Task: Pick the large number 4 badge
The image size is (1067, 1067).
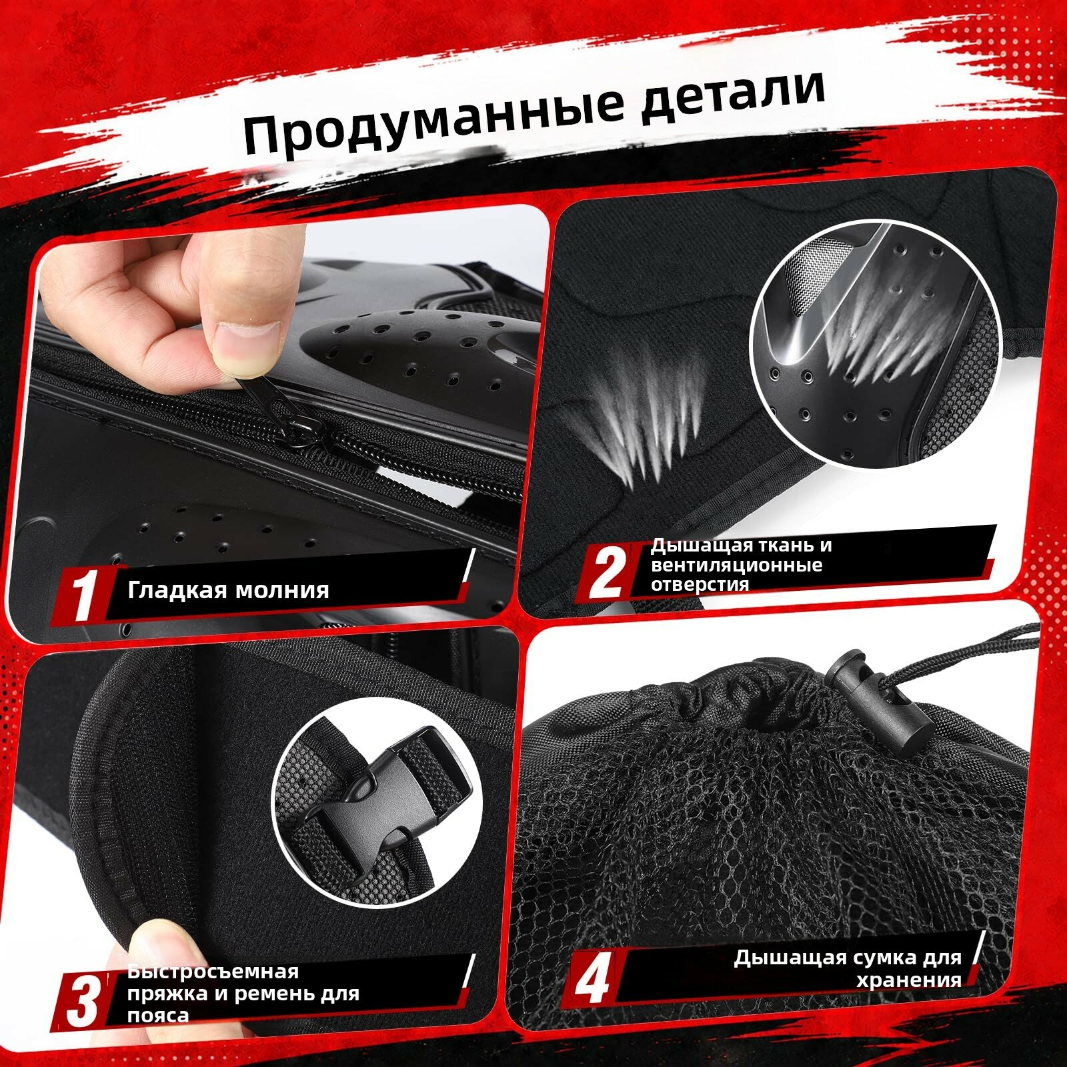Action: coord(592,980)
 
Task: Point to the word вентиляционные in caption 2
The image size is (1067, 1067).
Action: coord(737,566)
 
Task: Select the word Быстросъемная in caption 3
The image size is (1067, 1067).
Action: coord(213,972)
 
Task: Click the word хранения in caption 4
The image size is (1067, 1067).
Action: coord(908,980)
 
